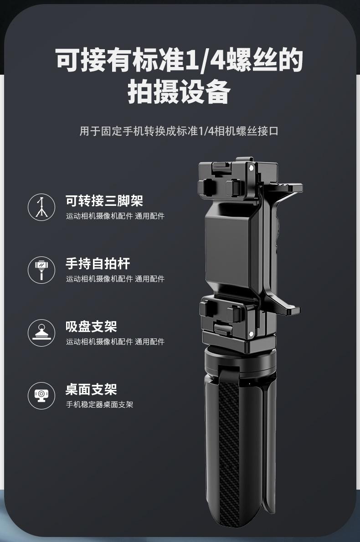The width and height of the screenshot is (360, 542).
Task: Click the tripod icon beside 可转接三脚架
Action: (x=41, y=207)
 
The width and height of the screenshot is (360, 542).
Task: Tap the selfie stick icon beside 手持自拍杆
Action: (x=41, y=270)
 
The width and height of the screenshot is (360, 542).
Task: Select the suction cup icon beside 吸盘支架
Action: (x=41, y=333)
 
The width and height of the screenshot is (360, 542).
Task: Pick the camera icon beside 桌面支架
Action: (x=41, y=396)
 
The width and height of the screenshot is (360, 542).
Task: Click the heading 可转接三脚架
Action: (x=104, y=201)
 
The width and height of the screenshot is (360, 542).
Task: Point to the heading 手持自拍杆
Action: (x=98, y=264)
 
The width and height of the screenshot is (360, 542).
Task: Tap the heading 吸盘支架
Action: (x=91, y=327)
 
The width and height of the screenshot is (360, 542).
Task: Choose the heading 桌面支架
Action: (x=91, y=389)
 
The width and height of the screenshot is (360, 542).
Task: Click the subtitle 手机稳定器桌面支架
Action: (x=100, y=404)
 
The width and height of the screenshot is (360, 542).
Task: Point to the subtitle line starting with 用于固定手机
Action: (x=179, y=131)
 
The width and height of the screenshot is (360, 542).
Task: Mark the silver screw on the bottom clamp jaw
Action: (x=251, y=334)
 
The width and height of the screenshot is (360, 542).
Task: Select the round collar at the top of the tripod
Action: (x=240, y=361)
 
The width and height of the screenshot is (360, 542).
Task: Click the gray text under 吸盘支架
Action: (x=115, y=342)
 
